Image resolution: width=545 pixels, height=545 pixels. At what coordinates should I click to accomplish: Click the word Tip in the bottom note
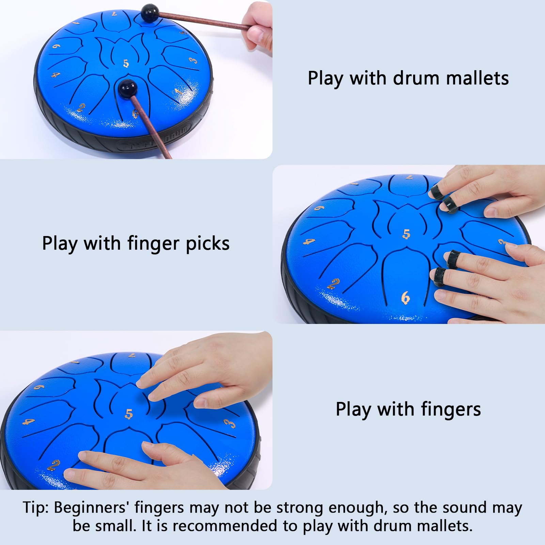35,508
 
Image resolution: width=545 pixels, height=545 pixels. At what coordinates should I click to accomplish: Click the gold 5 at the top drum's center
126,63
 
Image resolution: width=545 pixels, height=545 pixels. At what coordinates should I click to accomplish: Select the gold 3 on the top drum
193,61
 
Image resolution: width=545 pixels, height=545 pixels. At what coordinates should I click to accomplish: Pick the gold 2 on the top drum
81,108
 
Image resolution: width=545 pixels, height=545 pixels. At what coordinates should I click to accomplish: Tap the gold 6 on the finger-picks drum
405,298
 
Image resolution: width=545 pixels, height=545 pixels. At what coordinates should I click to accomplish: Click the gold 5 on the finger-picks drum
406,234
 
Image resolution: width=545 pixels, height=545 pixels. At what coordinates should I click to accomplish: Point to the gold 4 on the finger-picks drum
309,242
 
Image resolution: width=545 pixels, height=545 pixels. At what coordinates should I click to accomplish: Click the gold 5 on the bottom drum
129,414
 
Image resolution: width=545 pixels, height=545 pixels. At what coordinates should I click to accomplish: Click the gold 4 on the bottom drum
29,422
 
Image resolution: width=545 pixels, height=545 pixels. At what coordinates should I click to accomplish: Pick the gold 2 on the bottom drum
54,465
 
